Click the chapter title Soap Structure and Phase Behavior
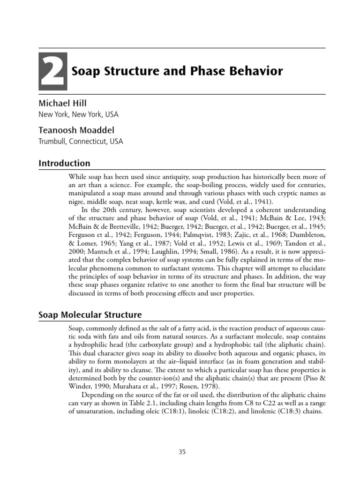click(177, 71)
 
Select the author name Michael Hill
click(63, 103)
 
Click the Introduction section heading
click(64, 164)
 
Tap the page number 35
click(182, 452)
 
